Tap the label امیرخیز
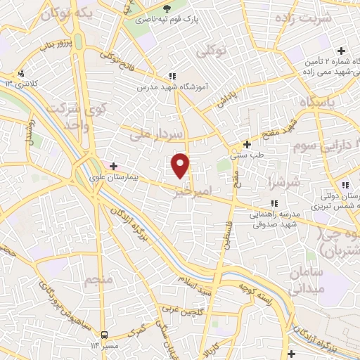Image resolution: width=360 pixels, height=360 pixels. [211, 191]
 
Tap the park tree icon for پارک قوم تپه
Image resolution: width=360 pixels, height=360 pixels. [167, 8]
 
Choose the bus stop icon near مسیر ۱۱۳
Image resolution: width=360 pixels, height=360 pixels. [104, 335]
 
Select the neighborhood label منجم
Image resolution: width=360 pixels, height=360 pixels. [98, 281]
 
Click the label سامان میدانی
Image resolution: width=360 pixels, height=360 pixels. [305, 279]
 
